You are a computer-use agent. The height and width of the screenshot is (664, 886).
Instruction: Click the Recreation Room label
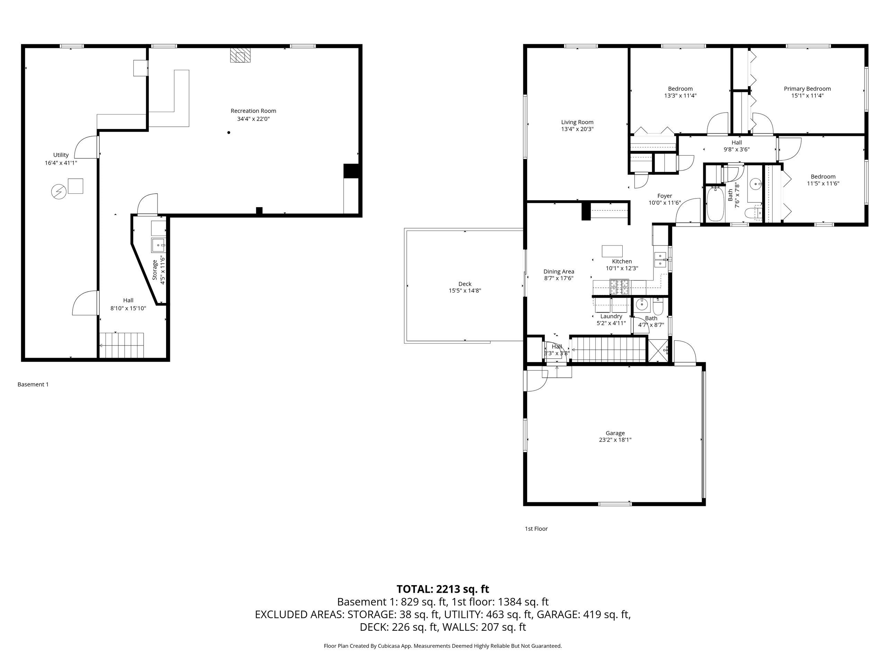coord(253,111)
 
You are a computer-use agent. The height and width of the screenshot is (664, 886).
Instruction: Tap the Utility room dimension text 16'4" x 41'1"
coord(61,163)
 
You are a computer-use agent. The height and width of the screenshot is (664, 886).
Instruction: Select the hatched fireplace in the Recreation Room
coord(239,56)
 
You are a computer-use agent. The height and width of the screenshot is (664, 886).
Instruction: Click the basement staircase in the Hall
coord(121,345)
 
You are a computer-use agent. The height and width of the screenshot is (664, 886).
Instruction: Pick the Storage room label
coord(155,270)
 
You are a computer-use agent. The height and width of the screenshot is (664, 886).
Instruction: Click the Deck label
coord(464,284)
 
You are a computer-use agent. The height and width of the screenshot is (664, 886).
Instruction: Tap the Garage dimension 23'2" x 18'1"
coord(615,440)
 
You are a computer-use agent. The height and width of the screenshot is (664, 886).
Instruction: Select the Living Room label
coord(577,122)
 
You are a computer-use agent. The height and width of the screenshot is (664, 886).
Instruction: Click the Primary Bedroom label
coord(807,89)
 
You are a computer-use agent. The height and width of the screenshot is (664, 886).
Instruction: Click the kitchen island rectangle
coord(612,251)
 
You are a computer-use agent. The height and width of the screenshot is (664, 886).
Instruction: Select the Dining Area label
coord(559,271)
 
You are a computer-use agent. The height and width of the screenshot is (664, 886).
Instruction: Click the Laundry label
coord(611,316)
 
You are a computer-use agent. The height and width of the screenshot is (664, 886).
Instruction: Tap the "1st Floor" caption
coord(536,529)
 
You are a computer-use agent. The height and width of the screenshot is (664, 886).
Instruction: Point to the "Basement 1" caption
coord(33,384)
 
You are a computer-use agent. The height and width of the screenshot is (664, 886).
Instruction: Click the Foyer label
coord(664,196)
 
